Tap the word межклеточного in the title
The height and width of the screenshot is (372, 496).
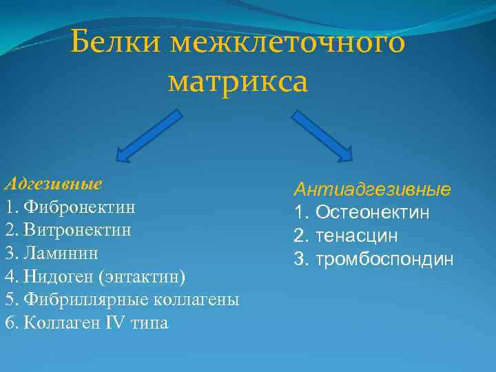[289, 45]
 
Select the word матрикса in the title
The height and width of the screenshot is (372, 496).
[238, 83]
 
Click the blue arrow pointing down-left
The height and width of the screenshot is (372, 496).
[149, 134]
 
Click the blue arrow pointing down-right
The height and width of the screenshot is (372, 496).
[322, 134]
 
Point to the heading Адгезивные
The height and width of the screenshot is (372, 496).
[53, 184]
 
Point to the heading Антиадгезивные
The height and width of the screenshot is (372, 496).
[373, 189]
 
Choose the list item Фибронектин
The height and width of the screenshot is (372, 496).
[79, 207]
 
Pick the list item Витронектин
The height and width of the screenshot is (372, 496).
[77, 229]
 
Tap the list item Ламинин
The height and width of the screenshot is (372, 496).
[65, 253]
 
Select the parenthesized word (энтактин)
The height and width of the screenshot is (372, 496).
[143, 276]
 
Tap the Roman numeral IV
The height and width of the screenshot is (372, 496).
[113, 323]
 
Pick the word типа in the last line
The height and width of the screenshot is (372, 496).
[148, 323]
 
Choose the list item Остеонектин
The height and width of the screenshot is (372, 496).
[373, 212]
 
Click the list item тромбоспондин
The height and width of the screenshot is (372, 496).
[384, 259]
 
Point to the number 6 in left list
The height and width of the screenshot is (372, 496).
[9, 323]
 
